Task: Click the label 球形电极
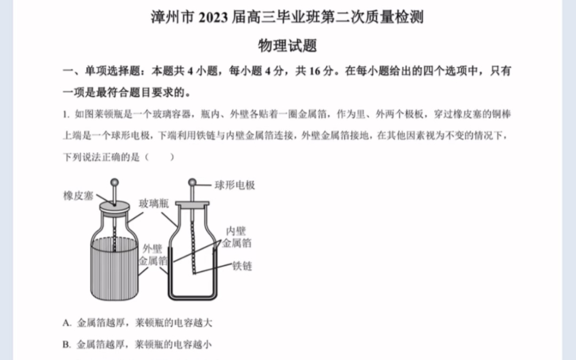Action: pos(235,185)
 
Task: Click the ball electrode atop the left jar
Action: pos(115,183)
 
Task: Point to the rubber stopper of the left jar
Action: pos(115,205)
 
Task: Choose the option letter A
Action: pos(67,323)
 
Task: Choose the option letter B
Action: pos(67,345)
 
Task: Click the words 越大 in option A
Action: pos(204,323)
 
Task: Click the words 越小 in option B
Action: pos(204,345)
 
